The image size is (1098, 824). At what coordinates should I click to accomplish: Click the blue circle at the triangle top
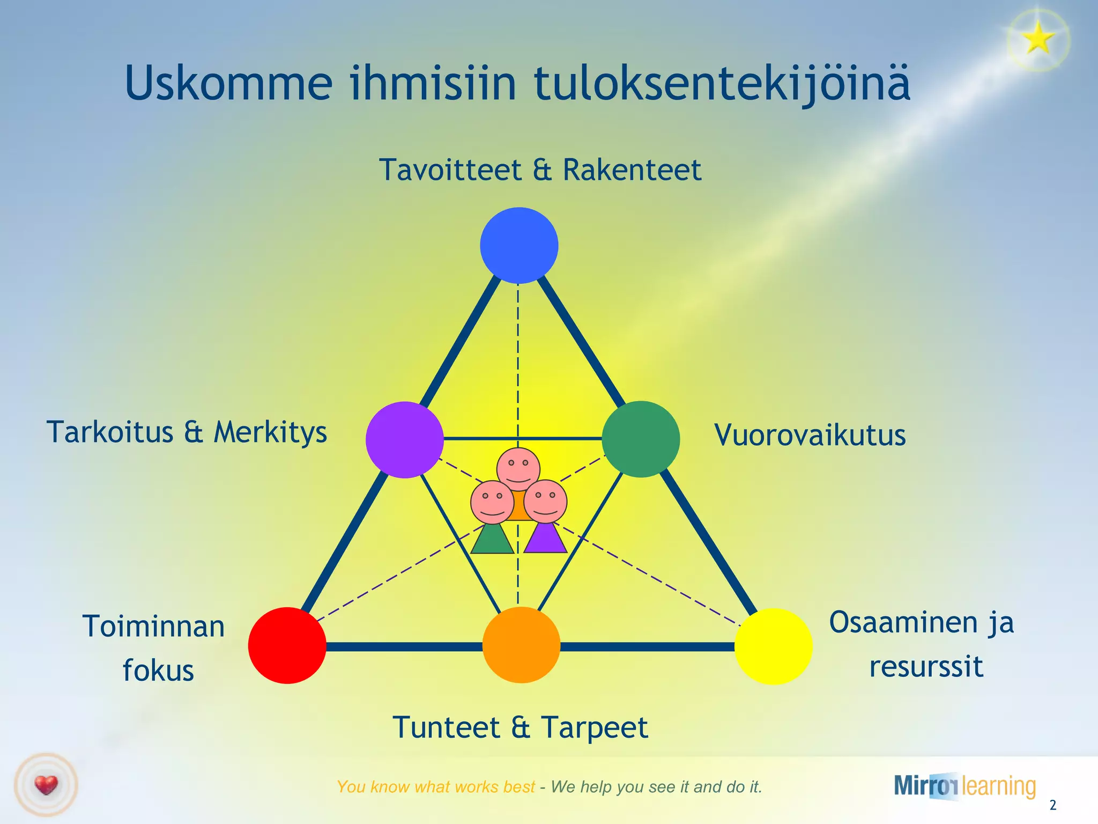519,245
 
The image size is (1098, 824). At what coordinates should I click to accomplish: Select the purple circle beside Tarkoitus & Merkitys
405,439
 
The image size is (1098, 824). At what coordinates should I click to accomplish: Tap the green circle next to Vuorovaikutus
641,439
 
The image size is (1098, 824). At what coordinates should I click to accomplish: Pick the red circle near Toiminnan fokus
287,645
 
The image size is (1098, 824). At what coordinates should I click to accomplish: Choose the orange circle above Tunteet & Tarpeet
521,645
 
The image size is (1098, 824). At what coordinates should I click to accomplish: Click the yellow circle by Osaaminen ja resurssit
773,646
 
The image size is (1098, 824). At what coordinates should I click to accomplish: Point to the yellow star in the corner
1038,39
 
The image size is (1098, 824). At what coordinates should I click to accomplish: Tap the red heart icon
46,785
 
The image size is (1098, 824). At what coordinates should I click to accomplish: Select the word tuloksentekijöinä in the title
722,83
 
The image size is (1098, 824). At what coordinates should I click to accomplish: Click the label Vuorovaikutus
810,435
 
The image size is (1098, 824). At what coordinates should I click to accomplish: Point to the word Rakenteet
632,170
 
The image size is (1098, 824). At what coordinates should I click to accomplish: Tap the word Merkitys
270,432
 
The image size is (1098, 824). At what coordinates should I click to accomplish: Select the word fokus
158,671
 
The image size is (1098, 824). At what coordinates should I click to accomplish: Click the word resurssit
926,667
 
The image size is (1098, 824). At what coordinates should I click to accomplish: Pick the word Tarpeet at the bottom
594,727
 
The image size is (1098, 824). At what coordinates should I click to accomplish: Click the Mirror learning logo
965,786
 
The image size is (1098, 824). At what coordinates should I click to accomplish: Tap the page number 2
1052,805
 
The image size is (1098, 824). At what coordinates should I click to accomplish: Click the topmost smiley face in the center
518,466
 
